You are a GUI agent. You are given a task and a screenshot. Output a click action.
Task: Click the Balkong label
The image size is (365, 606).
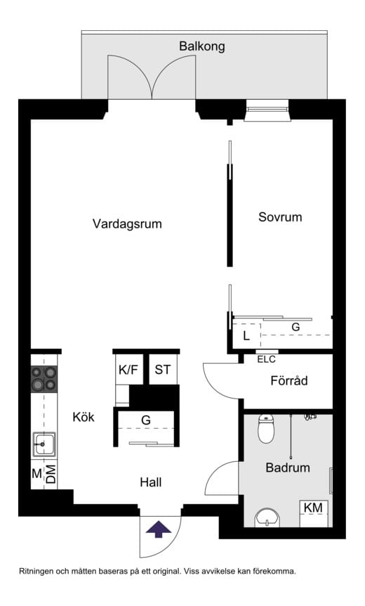click(x=201, y=47)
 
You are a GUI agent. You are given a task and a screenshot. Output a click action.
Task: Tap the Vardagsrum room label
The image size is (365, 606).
click(x=127, y=224)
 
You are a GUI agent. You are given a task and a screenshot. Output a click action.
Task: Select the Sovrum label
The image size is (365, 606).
click(x=279, y=217)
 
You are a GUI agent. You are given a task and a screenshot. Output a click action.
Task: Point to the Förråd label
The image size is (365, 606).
click(x=289, y=382)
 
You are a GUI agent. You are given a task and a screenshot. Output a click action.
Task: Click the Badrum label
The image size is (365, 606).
click(x=287, y=468)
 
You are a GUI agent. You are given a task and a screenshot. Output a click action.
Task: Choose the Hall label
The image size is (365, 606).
click(x=150, y=482)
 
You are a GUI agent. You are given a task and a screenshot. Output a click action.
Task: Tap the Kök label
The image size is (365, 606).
click(x=83, y=417)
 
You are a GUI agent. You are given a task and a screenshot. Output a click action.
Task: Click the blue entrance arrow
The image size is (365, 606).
click(x=159, y=529)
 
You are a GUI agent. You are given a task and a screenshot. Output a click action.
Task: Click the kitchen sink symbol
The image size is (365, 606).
click(x=44, y=444)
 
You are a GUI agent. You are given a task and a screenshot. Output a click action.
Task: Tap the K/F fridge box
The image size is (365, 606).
click(x=128, y=370)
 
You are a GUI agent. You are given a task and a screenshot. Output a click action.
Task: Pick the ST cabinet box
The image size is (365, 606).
click(x=162, y=370)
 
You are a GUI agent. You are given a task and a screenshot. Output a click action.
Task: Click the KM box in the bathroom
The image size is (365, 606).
click(x=313, y=508)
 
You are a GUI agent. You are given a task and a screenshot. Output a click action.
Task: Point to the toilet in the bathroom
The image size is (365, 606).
click(x=266, y=429)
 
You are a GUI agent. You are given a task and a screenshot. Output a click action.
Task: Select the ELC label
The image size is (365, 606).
click(x=266, y=359)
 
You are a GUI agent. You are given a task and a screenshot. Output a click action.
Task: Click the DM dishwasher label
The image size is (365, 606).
click(x=51, y=475)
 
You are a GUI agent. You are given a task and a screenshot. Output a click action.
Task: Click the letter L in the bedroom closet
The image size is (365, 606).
click(x=246, y=336)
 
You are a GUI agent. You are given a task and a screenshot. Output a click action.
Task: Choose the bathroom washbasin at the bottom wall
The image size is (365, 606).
click(x=267, y=518)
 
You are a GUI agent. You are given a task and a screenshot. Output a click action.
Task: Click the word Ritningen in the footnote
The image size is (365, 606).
click(x=41, y=572)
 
